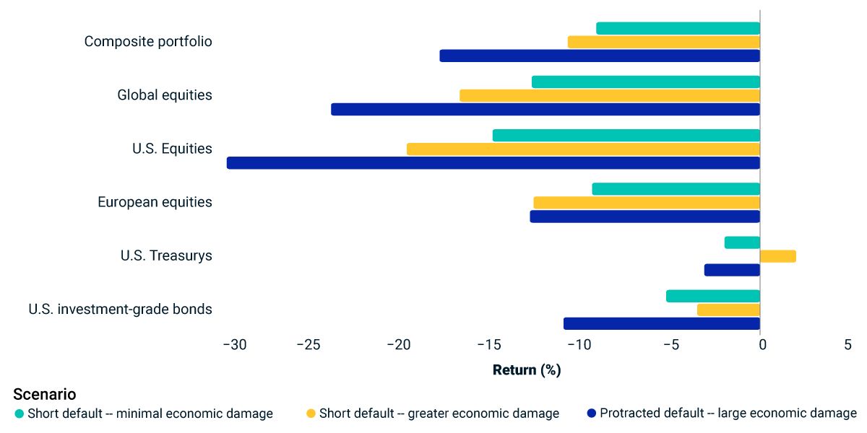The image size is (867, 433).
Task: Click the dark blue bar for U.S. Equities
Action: pyautogui.click(x=493, y=163)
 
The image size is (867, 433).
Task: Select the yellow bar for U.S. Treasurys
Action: pyautogui.click(x=778, y=256)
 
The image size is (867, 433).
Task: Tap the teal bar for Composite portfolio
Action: pyautogui.click(x=678, y=28)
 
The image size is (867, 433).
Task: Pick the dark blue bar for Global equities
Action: pyautogui.click(x=545, y=109)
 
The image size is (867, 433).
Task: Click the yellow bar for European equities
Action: pyautogui.click(x=647, y=203)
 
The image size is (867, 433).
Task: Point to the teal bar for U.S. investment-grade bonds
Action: pyautogui.click(x=713, y=296)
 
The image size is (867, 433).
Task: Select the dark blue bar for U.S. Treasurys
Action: pyautogui.click(x=733, y=270)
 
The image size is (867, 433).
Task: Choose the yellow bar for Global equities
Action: pyautogui.click(x=610, y=95)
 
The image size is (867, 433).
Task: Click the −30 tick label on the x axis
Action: pyautogui.click(x=234, y=345)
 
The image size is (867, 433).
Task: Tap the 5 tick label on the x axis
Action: pyautogui.click(x=847, y=345)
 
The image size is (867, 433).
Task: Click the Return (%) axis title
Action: pyautogui.click(x=527, y=370)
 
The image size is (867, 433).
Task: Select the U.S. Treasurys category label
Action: pyautogui.click(x=166, y=255)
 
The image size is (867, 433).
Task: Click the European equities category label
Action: pyautogui.click(x=155, y=202)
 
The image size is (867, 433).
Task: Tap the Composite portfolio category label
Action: pyautogui.click(x=148, y=41)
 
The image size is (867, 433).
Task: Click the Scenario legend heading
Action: pyautogui.click(x=44, y=395)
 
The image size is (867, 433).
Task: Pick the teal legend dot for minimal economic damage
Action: pyautogui.click(x=20, y=414)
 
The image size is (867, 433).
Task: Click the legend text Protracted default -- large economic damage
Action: pyautogui.click(x=728, y=414)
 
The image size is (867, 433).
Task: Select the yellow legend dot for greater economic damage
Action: pyautogui.click(x=311, y=414)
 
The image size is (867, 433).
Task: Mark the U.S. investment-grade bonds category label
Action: pyautogui.click(x=120, y=310)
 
